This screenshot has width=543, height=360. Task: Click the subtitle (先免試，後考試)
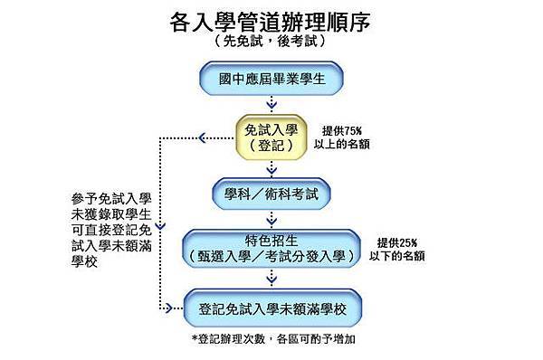tap(271, 43)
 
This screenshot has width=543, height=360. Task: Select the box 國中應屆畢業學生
tap(271, 80)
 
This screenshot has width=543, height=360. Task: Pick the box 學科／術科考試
tap(271, 193)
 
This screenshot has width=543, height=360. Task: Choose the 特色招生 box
tap(271, 248)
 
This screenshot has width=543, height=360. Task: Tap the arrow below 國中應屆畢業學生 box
tap(271, 105)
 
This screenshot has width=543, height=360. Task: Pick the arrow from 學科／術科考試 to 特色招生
tap(271, 219)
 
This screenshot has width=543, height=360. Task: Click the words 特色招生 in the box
tap(271, 240)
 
